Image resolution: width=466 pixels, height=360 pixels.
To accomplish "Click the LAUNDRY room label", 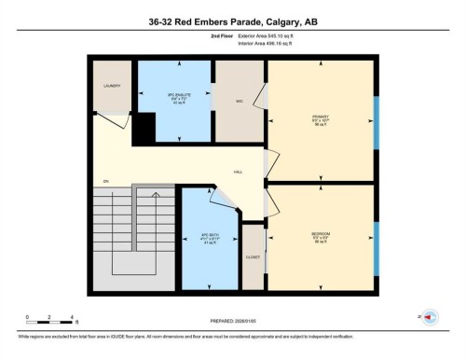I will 110,85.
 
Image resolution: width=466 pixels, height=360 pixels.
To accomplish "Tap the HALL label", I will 239,173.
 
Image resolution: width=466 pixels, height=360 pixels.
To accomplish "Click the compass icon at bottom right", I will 430,316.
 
